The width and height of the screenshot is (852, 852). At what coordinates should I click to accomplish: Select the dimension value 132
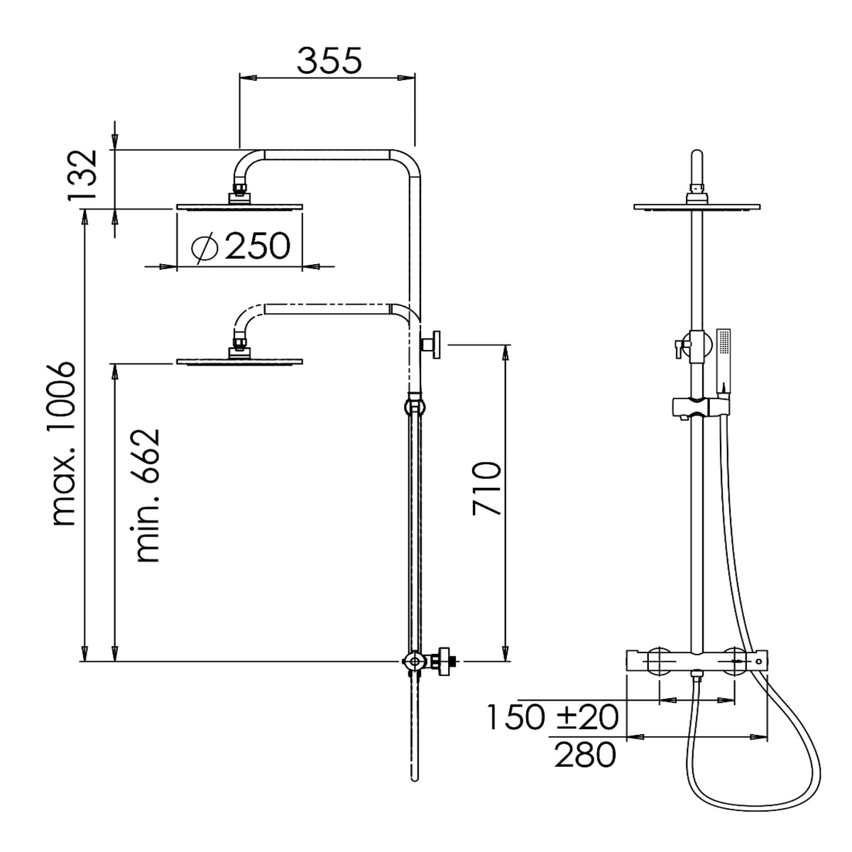pyautogui.click(x=82, y=175)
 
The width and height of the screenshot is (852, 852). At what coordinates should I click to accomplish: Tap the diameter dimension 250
pyautogui.click(x=258, y=246)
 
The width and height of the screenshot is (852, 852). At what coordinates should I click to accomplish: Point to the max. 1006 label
pyautogui.click(x=64, y=444)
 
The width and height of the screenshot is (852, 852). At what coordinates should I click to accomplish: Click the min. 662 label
pyautogui.click(x=148, y=495)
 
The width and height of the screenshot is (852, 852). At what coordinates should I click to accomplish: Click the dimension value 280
pyautogui.click(x=585, y=755)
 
